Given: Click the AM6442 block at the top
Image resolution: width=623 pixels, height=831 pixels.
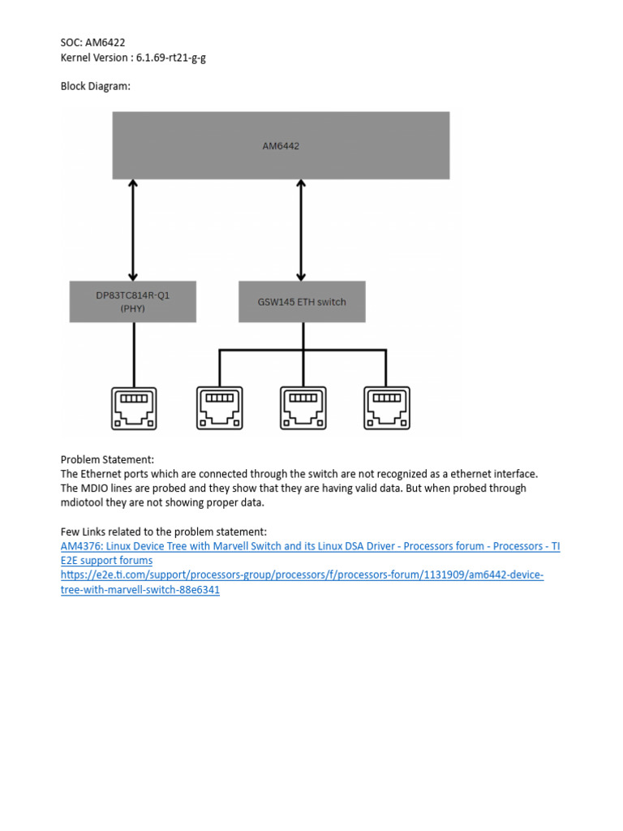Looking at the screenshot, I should [x=281, y=145].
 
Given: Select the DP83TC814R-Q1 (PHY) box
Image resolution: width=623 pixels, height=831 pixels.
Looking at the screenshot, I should [x=133, y=302].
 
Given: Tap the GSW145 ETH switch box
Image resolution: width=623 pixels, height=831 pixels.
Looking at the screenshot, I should [x=302, y=302].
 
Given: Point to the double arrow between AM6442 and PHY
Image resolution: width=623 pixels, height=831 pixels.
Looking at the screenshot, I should [x=133, y=230].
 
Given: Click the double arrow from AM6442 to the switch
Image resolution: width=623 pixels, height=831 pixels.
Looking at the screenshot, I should [x=302, y=230].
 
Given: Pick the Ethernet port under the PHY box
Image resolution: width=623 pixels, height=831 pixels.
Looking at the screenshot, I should [x=133, y=407].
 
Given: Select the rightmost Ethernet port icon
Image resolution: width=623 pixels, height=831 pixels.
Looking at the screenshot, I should [x=387, y=407].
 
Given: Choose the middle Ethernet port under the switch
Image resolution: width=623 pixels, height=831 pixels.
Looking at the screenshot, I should [x=303, y=407].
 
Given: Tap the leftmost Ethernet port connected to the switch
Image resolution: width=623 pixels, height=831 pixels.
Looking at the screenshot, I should [x=218, y=407].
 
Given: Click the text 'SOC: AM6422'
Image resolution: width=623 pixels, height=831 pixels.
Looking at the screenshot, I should [x=92, y=43].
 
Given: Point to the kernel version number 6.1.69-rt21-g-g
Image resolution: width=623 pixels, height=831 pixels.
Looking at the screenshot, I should [x=171, y=58].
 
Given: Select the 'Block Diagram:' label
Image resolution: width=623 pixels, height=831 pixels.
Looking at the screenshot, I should [x=95, y=86].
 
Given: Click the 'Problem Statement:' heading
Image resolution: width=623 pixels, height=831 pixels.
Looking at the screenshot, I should [x=107, y=459].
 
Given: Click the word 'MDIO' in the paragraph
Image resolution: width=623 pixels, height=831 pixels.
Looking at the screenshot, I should [x=97, y=489].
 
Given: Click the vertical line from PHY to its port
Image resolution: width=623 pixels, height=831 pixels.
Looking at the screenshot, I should [x=133, y=354].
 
